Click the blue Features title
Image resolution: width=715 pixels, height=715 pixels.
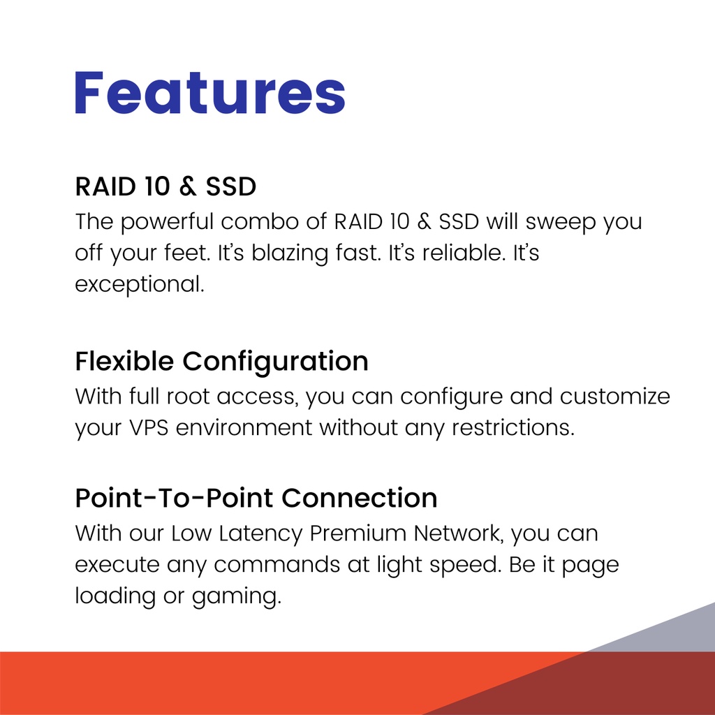pyautogui.click(x=210, y=92)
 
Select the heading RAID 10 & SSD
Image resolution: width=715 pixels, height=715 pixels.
pyautogui.click(x=165, y=186)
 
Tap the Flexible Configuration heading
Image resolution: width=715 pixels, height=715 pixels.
pyautogui.click(x=221, y=362)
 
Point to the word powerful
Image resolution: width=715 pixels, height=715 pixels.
pyautogui.click(x=168, y=223)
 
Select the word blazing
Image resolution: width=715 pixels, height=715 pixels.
pyautogui.click(x=290, y=254)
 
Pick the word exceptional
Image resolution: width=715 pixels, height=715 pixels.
pyautogui.click(x=140, y=285)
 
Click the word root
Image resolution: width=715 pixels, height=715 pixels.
pyautogui.click(x=188, y=397)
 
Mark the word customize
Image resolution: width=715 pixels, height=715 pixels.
pyautogui.click(x=615, y=397)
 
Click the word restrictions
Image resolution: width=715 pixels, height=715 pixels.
pyautogui.click(x=513, y=428)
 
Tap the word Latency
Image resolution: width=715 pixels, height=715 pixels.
pyautogui.click(x=260, y=534)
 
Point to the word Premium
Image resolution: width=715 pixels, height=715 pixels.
pyautogui.click(x=358, y=533)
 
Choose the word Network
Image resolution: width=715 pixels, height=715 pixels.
pyautogui.click(x=459, y=533)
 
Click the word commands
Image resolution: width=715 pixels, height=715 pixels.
pyautogui.click(x=277, y=564)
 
